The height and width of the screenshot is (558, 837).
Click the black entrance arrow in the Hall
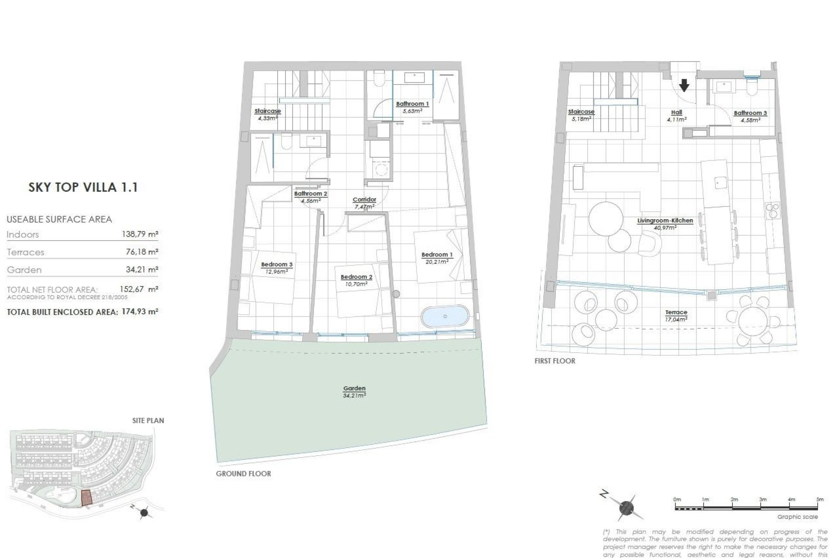click(x=684, y=85)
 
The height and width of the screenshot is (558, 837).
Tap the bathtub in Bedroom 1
click(x=445, y=316)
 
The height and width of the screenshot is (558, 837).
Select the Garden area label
click(x=354, y=388)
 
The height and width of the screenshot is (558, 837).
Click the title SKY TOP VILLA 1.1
click(x=83, y=187)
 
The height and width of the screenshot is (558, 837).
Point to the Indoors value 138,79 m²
click(x=139, y=235)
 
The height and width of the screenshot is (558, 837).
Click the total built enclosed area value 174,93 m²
click(x=139, y=312)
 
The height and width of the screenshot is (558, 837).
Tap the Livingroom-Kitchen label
click(x=665, y=221)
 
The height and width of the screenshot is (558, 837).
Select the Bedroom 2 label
click(x=356, y=277)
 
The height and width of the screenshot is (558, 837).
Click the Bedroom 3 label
click(x=276, y=265)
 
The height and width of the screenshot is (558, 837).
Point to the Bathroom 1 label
click(x=412, y=104)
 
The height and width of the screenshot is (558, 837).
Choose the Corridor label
click(x=364, y=200)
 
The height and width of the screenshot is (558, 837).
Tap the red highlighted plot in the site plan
click(x=87, y=497)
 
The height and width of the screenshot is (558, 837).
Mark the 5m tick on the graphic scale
click(x=820, y=507)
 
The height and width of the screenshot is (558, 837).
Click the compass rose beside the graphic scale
click(x=626, y=507)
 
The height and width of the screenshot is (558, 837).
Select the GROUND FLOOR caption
click(x=243, y=474)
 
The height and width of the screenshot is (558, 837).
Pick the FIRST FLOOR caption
click(x=555, y=361)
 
